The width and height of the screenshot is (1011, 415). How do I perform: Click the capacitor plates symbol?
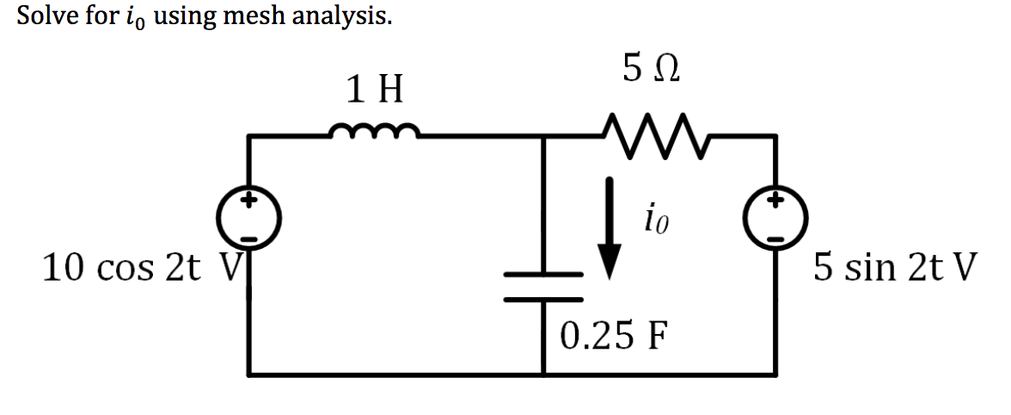[543, 286]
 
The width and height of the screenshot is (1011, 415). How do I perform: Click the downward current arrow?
[610, 227]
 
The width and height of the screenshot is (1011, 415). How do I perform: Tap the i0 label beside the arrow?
[655, 221]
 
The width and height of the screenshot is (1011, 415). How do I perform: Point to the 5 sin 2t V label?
[894, 269]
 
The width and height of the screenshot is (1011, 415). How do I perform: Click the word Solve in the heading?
[47, 16]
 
